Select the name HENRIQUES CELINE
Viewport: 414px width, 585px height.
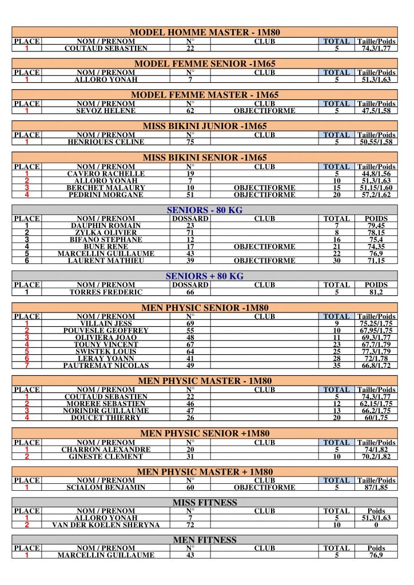106,142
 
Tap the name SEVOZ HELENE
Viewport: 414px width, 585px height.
106,110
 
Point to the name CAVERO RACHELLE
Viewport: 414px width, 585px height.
106,174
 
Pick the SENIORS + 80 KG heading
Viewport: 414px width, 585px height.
205,276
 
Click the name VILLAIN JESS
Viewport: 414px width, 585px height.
106,323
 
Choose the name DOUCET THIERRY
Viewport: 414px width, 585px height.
106,418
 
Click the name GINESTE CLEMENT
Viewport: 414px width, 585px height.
106,456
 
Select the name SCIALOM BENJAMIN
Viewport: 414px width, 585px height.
106,488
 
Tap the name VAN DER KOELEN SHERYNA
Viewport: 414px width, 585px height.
106,525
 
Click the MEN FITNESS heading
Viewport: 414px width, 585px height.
205,540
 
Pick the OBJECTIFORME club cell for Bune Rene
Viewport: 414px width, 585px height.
264,247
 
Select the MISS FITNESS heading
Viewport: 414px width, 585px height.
205,503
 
